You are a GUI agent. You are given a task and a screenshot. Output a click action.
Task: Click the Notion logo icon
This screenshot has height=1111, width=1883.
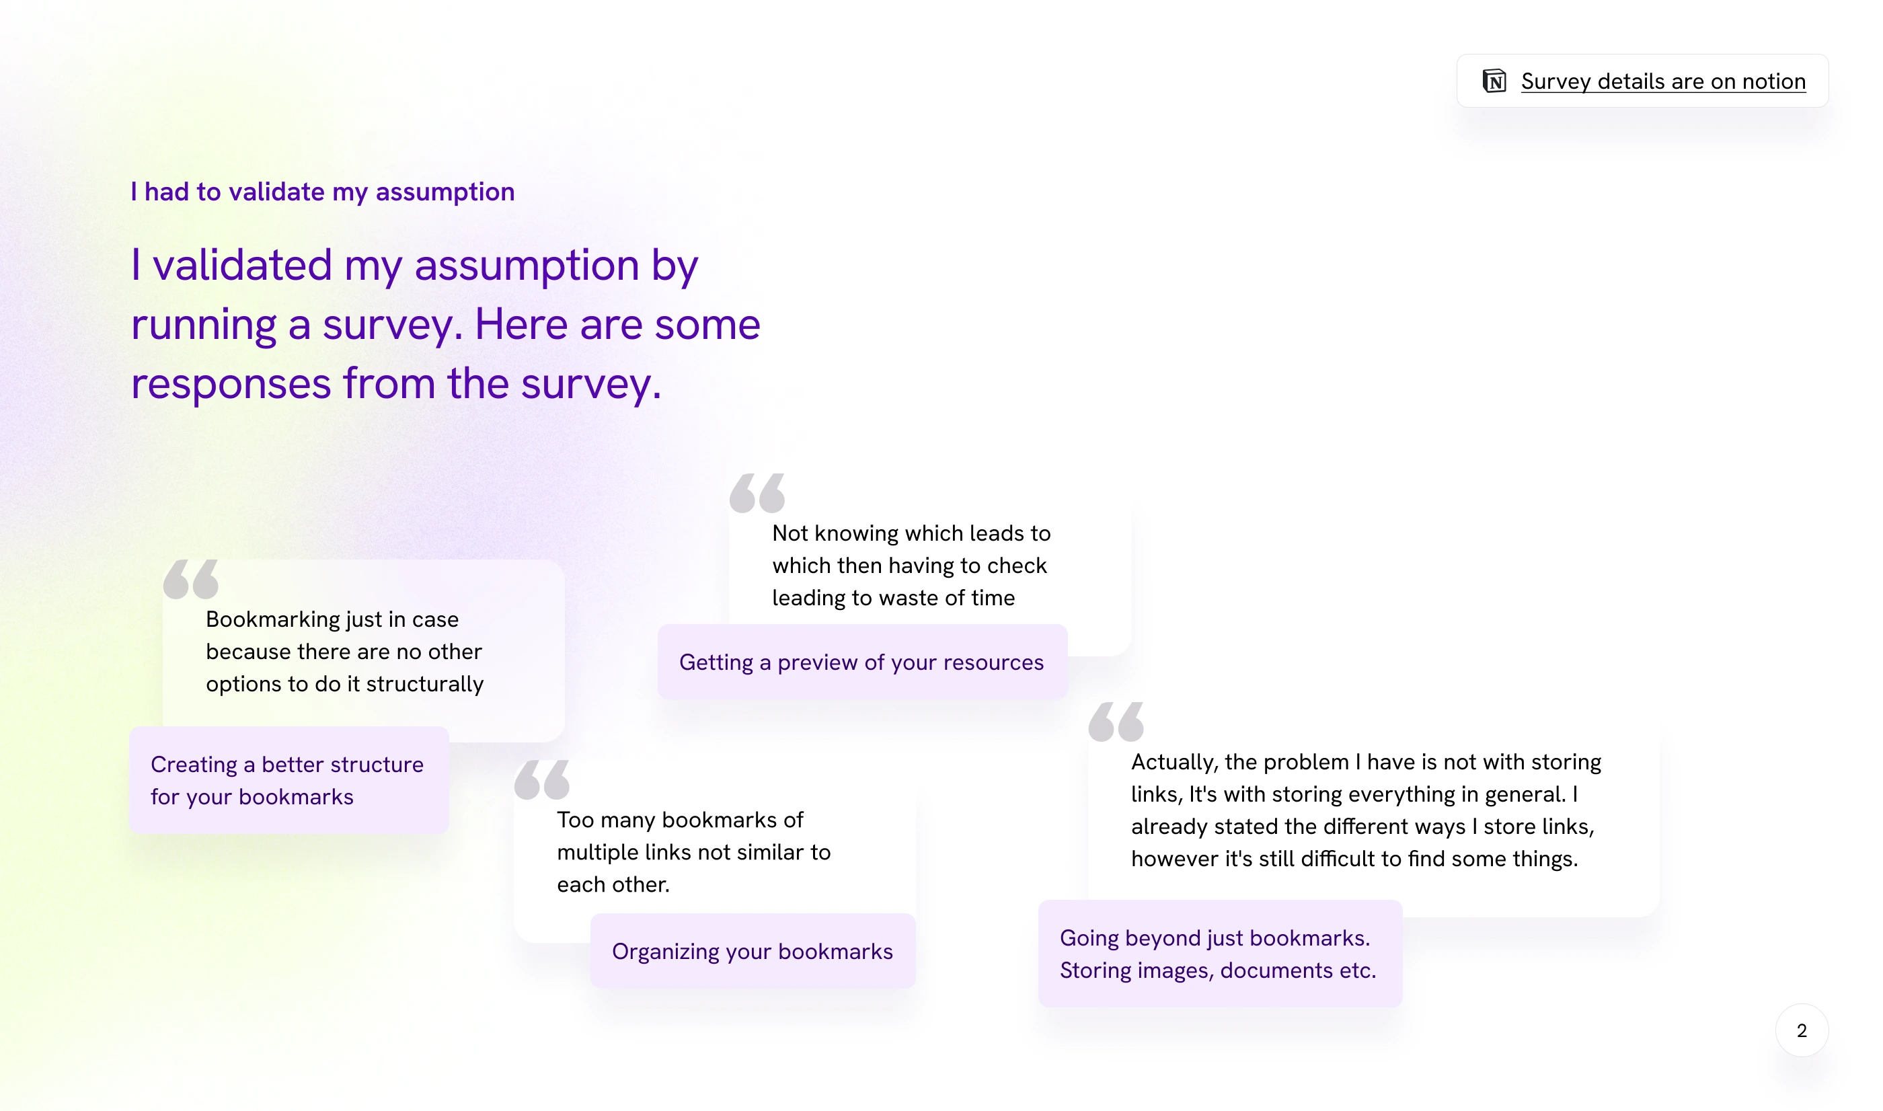point(1494,81)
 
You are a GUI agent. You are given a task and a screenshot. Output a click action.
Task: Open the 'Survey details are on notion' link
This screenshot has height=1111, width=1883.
point(1663,81)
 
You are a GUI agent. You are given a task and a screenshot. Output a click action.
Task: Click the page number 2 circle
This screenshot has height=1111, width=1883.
point(1802,1030)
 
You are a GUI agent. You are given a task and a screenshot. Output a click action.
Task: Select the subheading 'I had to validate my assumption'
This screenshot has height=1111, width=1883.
point(323,192)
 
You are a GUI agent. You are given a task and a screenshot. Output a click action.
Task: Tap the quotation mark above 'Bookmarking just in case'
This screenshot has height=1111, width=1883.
point(191,579)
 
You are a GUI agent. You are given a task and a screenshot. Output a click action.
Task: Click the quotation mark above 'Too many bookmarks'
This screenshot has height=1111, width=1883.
point(542,779)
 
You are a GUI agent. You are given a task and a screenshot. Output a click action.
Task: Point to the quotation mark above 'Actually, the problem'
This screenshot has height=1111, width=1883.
point(1116,722)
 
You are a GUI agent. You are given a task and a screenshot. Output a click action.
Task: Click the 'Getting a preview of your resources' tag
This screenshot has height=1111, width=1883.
point(862,662)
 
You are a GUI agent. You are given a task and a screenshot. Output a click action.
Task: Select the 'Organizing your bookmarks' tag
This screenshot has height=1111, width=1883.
point(753,951)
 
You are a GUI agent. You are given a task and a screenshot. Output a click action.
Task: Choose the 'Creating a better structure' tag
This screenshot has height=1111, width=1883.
point(289,780)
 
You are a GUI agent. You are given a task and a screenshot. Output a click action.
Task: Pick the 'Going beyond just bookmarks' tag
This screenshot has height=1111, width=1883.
point(1220,954)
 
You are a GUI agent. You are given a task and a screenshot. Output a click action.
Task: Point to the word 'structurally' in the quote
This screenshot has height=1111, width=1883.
point(424,684)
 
